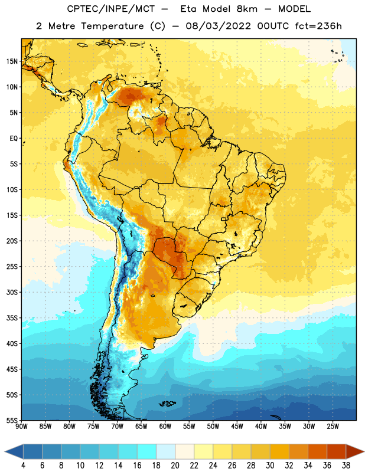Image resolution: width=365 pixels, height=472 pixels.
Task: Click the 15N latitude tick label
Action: pyautogui.click(x=12, y=61)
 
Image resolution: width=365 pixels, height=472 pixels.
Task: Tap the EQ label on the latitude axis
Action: pyautogui.click(x=14, y=139)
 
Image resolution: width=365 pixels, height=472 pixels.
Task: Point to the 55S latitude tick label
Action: pyautogui.click(x=12, y=421)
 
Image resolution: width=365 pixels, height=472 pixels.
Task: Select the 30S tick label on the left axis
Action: pyautogui.click(x=12, y=292)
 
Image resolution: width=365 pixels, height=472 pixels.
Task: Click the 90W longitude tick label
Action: pyautogui.click(x=21, y=427)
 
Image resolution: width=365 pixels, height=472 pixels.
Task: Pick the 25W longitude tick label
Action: pyautogui.click(x=333, y=427)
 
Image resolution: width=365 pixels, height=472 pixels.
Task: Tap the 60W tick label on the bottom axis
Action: pyautogui.click(x=165, y=427)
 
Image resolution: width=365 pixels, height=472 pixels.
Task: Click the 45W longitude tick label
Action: pyautogui.click(x=237, y=427)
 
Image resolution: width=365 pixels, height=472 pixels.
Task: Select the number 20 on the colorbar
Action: pyautogui.click(x=175, y=466)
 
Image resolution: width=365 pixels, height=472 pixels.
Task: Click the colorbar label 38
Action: pyautogui.click(x=346, y=466)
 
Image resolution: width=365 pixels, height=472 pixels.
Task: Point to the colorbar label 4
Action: pyautogui.click(x=23, y=466)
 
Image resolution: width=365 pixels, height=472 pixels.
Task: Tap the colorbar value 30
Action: pyautogui.click(x=270, y=466)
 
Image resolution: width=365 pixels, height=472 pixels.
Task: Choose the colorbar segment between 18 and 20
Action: pyautogui.click(x=166, y=451)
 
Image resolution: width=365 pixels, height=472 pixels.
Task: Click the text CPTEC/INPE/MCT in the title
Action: pyautogui.click(x=111, y=9)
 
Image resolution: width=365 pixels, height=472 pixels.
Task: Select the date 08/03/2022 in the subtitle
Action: pyautogui.click(x=218, y=26)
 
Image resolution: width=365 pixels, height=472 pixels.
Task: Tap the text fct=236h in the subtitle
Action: pyautogui.click(x=318, y=26)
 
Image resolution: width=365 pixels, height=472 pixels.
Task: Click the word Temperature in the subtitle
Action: pyautogui.click(x=112, y=27)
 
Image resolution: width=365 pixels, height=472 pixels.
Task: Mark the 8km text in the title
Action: pyautogui.click(x=247, y=9)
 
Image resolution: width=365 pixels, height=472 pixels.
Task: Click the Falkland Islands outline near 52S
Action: pyautogui.click(x=167, y=404)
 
